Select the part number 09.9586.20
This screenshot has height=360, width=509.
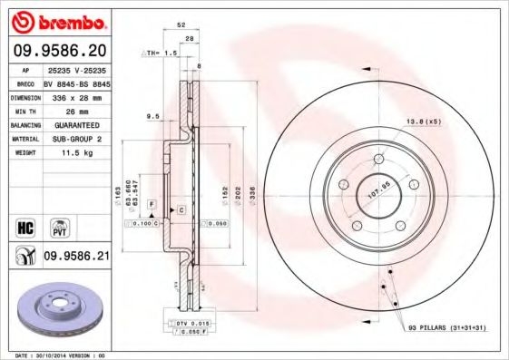click(59, 51)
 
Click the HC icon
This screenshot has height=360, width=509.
click(24, 224)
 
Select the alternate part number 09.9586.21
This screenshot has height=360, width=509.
click(76, 258)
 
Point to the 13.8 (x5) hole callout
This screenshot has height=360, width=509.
click(423, 122)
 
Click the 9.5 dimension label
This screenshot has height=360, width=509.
click(152, 116)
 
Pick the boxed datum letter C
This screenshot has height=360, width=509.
click(181, 210)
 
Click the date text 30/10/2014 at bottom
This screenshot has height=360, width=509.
click(60, 355)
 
